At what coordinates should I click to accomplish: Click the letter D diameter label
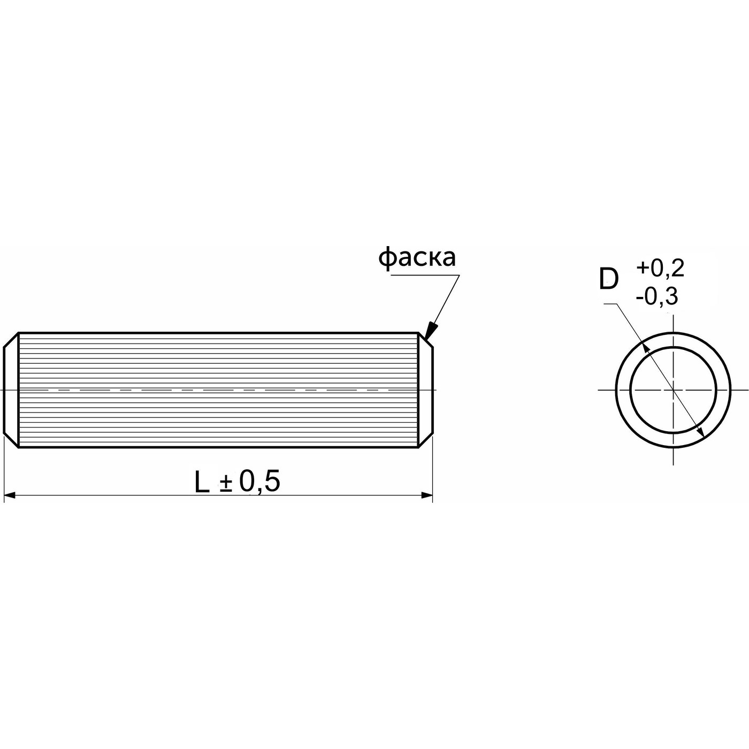[608, 279]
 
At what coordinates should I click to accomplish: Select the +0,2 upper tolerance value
[660, 269]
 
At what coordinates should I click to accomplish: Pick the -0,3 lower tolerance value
[657, 296]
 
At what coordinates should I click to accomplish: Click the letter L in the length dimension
[202, 483]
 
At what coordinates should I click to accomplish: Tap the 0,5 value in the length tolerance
[259, 481]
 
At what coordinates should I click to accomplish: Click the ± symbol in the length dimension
[226, 484]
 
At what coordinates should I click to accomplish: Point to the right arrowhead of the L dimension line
[426, 496]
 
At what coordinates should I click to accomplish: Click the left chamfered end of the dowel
[11, 390]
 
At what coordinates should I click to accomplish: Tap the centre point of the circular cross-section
[673, 390]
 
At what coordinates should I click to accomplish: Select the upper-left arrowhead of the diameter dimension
[644, 346]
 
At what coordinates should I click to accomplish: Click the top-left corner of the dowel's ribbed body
[19, 333]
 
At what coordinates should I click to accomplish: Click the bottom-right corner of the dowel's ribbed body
[418, 447]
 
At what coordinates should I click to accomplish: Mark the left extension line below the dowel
[4, 471]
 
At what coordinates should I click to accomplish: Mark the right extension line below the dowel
[432, 471]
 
